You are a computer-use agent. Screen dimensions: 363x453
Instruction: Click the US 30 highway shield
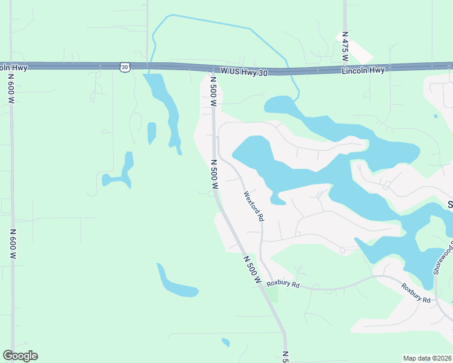click(x=124, y=67)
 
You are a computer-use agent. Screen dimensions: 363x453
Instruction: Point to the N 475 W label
click(x=344, y=46)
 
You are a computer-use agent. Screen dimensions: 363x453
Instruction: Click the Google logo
click(x=20, y=356)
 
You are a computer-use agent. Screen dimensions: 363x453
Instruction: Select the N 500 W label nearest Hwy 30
click(x=213, y=91)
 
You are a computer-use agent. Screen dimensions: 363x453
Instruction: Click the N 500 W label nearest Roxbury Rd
click(x=252, y=270)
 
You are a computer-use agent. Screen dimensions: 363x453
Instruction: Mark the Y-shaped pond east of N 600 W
click(x=120, y=172)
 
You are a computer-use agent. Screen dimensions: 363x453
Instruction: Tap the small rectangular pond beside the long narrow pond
click(x=151, y=132)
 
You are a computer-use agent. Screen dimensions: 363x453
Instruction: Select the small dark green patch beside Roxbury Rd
click(x=273, y=294)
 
